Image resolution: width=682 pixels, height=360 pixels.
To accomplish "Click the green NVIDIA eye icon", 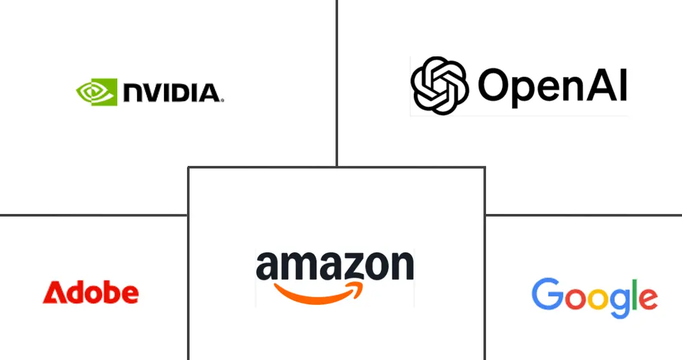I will [x=97, y=92].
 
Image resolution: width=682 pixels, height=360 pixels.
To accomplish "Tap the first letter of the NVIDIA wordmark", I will [x=134, y=94].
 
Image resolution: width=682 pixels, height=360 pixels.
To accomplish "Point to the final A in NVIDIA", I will [x=209, y=94].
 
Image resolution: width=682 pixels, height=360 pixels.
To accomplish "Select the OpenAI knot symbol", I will [x=439, y=85].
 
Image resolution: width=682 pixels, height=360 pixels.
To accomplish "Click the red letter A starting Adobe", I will [x=53, y=293].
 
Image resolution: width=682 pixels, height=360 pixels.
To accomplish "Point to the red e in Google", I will [x=647, y=299].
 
